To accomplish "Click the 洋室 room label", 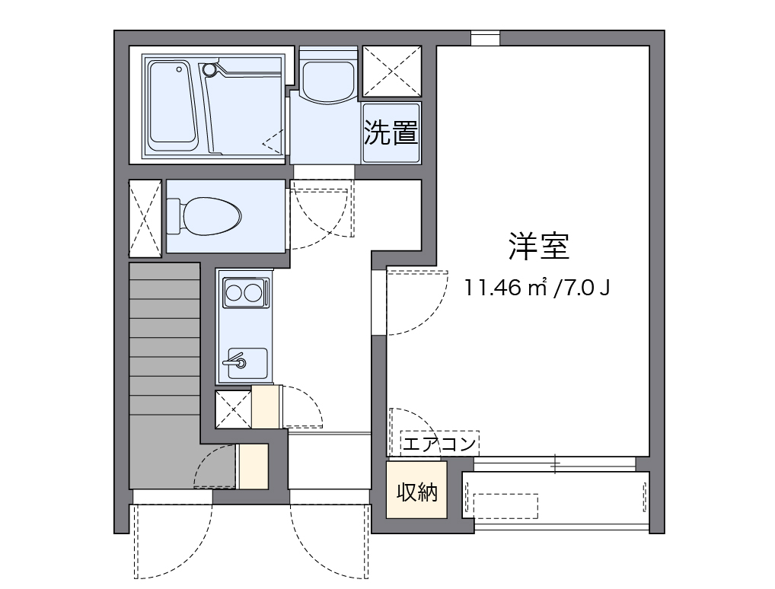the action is click(539, 246).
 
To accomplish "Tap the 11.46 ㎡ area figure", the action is click(505, 287).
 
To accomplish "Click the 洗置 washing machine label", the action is click(391, 132).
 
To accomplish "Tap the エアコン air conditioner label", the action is click(439, 443).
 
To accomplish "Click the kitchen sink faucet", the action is click(235, 360).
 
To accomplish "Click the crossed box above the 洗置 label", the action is click(392, 72).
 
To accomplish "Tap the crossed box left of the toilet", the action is click(145, 218).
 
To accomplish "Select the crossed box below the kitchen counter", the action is click(233, 409).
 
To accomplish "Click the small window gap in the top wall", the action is click(486, 38).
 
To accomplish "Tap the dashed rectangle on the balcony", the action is click(506, 506).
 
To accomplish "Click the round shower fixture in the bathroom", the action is click(210, 70).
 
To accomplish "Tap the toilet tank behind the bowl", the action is click(174, 216).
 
